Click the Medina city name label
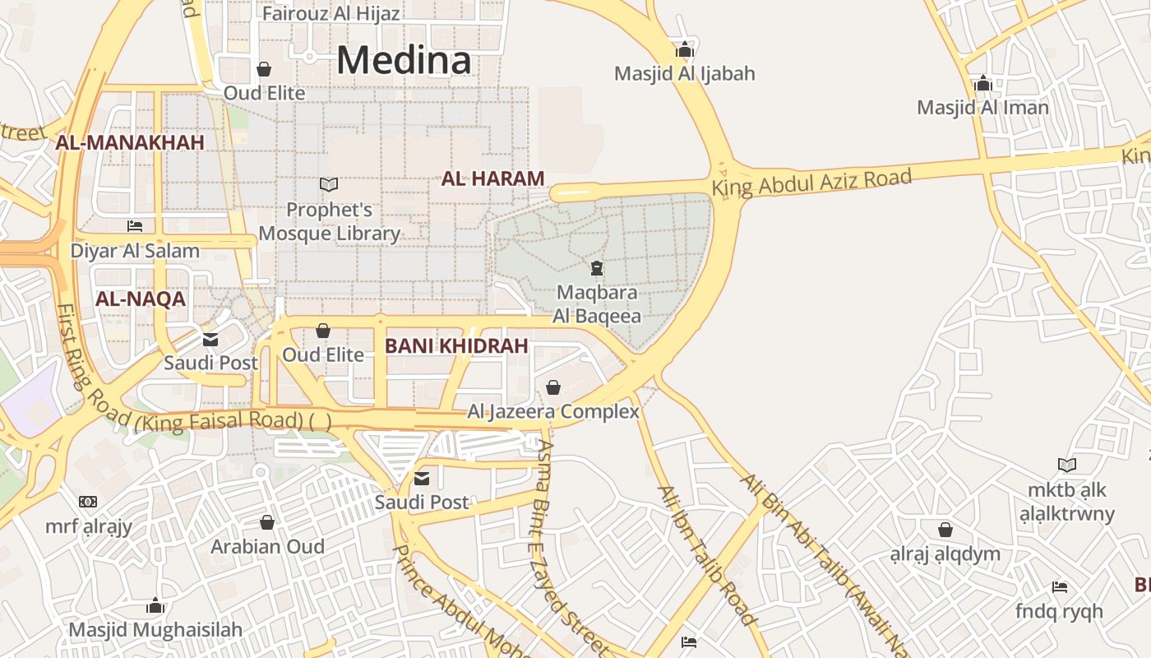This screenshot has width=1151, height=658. (x=404, y=60)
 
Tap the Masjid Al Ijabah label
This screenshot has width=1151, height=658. (x=684, y=74)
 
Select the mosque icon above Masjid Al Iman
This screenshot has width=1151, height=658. (x=982, y=83)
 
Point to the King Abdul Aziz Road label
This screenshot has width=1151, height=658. (x=811, y=181)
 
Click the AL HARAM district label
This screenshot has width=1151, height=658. (x=493, y=178)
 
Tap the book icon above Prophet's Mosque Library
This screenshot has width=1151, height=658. (x=329, y=185)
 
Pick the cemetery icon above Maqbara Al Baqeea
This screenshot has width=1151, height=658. (x=596, y=267)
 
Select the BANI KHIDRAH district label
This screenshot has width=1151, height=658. (x=456, y=346)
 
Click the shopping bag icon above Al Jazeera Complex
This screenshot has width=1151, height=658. (x=553, y=387)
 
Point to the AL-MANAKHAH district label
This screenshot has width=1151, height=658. (x=130, y=143)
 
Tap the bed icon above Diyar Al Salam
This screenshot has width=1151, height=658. (x=135, y=225)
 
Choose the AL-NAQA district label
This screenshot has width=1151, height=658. (x=141, y=299)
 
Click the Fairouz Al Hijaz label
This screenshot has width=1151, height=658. (x=331, y=14)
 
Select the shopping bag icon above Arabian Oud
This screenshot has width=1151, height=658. (x=267, y=522)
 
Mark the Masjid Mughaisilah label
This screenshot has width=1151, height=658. (x=155, y=630)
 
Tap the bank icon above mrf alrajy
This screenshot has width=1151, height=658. (x=88, y=502)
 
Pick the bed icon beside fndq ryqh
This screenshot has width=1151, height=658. (x=1060, y=587)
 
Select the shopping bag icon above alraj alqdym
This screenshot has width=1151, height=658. (x=945, y=529)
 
